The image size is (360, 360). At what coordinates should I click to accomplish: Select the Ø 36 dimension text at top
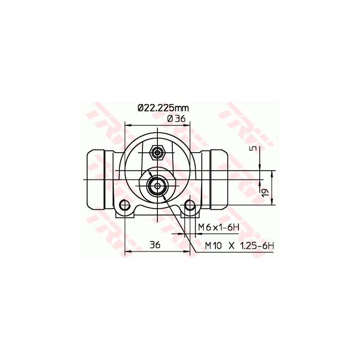[176, 119]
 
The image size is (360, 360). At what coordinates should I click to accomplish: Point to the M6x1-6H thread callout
[219, 228]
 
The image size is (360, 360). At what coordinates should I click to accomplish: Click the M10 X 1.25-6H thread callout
[240, 246]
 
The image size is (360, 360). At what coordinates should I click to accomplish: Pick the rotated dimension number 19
[265, 192]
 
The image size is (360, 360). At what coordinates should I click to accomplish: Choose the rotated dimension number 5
[253, 148]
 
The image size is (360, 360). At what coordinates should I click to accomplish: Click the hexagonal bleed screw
[157, 152]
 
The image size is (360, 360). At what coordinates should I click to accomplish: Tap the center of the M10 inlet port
[157, 186]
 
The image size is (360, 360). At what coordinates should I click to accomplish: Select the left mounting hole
[125, 205]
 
